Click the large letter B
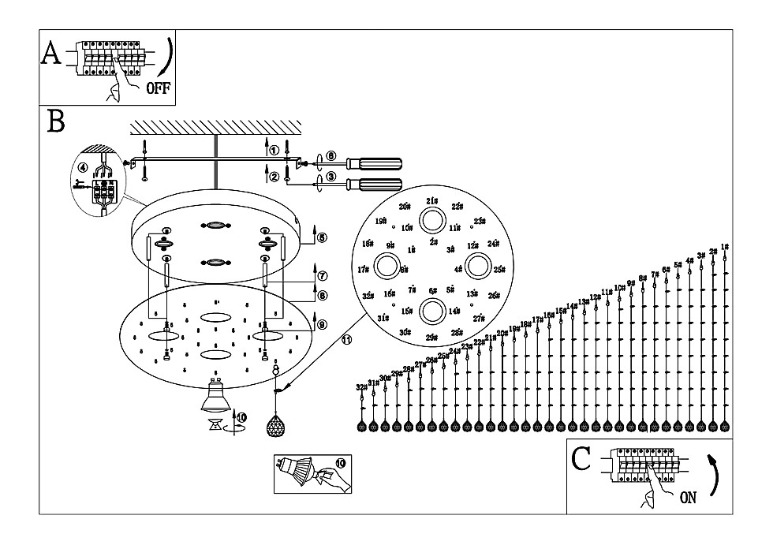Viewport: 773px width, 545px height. click(x=56, y=121)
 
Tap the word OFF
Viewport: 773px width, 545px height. click(x=158, y=88)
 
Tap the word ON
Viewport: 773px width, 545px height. click(x=688, y=498)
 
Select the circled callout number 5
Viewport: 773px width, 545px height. click(x=322, y=237)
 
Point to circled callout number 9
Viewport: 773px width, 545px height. click(x=322, y=324)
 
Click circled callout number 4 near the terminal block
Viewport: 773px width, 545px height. click(x=83, y=166)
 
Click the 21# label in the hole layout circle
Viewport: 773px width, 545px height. click(x=431, y=201)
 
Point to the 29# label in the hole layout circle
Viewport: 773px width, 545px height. click(x=431, y=338)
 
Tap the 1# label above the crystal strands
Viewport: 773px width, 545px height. click(x=724, y=247)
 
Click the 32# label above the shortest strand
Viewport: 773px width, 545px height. click(x=361, y=387)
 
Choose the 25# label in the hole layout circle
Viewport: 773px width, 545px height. click(x=499, y=270)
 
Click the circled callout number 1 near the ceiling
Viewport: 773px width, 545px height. click(x=274, y=150)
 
